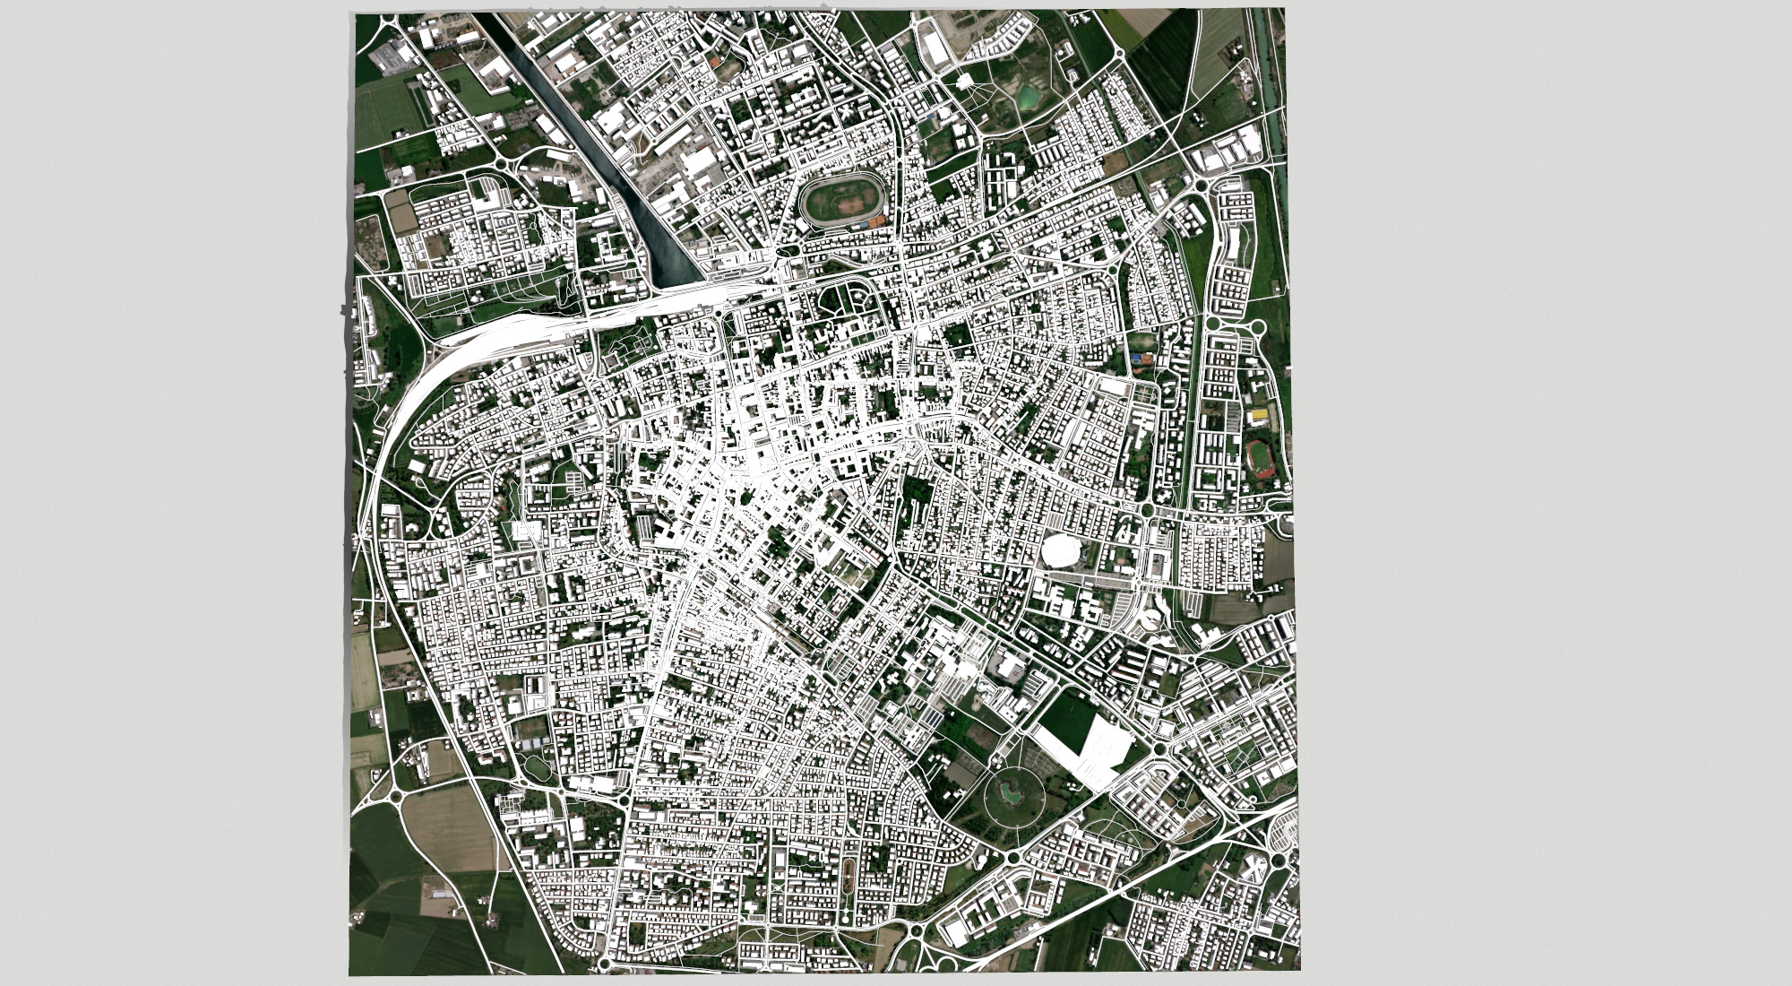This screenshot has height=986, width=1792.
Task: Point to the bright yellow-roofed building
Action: point(1262,415)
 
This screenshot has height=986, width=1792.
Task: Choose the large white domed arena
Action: point(1062,549)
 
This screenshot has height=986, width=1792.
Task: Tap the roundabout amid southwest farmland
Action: point(395,792)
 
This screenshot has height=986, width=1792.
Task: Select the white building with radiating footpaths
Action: point(964,82)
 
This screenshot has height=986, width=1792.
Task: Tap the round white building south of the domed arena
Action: point(1149,618)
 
